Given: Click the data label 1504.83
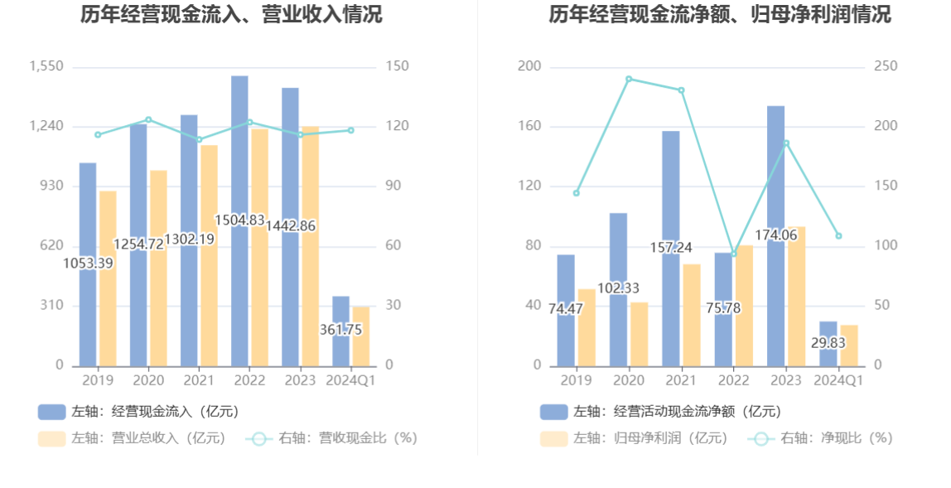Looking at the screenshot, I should coord(239,220).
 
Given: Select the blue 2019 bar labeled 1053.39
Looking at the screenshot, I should coord(88,315).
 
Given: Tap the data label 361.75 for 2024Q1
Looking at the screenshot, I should coord(340,330).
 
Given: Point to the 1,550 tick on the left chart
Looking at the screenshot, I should coord(46,66).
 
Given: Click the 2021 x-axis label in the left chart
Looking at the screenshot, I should coord(199,380).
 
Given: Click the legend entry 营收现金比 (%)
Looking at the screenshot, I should coord(331,438).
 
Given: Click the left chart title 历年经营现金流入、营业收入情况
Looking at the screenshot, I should coord(232,15).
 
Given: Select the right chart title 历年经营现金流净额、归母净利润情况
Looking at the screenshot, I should coord(720,15).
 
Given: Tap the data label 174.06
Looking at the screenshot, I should coord(776,235).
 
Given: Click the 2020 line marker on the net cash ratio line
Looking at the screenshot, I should coord(629,79).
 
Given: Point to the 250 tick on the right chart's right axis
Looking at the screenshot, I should coord(886,66).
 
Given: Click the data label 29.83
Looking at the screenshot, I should coord(828,343).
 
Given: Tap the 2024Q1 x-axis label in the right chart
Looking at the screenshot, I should coord(838,380).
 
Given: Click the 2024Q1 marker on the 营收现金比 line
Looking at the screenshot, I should coord(350,130).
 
